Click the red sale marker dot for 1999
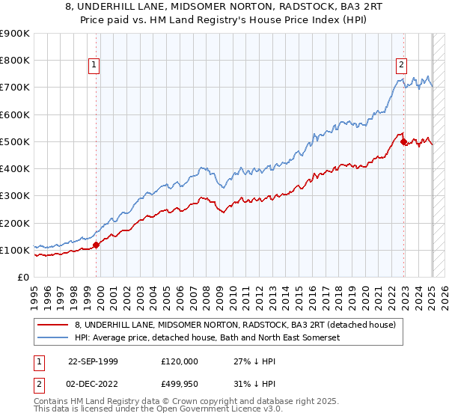97,245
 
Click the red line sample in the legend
53,325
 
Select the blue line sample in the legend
53,338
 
